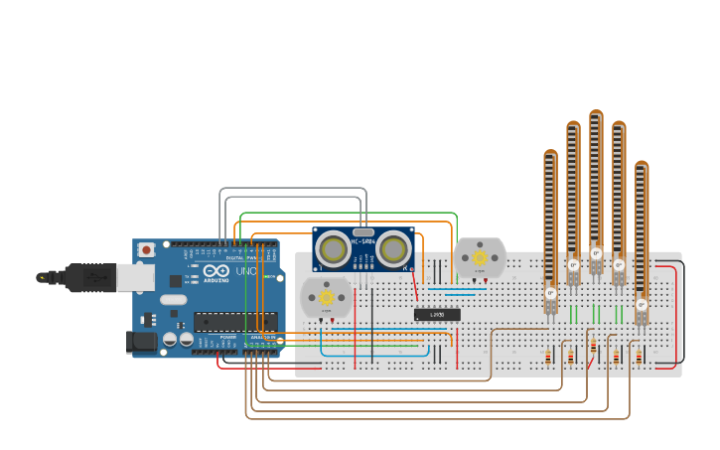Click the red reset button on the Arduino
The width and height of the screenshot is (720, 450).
pyautogui.click(x=146, y=249)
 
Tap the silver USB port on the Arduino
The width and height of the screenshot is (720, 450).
pyautogui.click(x=135, y=276)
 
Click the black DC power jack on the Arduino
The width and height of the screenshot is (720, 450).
pyautogui.click(x=142, y=343)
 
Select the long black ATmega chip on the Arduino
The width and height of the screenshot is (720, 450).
pyautogui.click(x=235, y=321)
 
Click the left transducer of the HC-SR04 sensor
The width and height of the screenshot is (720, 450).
pyautogui.click(x=335, y=249)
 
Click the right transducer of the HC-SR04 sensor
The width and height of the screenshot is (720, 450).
pyautogui.click(x=393, y=249)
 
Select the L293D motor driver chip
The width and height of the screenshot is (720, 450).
pyautogui.click(x=437, y=315)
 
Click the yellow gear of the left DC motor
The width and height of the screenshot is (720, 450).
pyautogui.click(x=326, y=296)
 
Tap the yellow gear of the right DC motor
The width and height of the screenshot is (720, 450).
pyautogui.click(x=480, y=257)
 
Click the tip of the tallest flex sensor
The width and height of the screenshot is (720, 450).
pyautogui.click(x=596, y=115)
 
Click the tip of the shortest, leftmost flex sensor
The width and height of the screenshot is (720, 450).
pyautogui.click(x=550, y=155)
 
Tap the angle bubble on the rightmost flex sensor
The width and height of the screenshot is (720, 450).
pyautogui.click(x=642, y=304)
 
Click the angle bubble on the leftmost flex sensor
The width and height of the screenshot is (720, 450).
pyautogui.click(x=550, y=293)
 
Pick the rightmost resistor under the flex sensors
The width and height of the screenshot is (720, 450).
pyautogui.click(x=639, y=356)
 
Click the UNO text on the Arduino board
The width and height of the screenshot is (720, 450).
pyautogui.click(x=246, y=271)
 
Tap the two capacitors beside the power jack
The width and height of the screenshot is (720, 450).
pyautogui.click(x=178, y=339)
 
